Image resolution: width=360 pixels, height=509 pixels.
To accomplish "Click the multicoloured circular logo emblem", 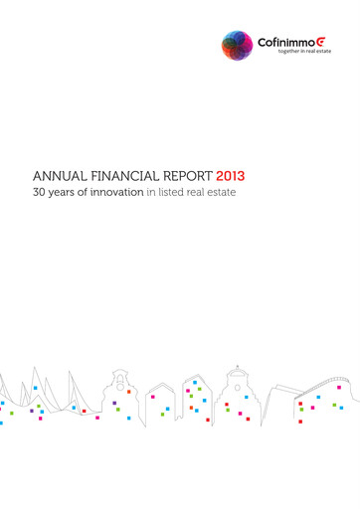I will tap(237, 45).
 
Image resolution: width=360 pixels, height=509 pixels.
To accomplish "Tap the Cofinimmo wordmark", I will tap(282, 43).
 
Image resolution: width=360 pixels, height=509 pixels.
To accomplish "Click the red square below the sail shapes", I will tap(40, 419).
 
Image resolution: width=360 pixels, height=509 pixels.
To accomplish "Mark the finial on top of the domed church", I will tap(237, 365).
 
